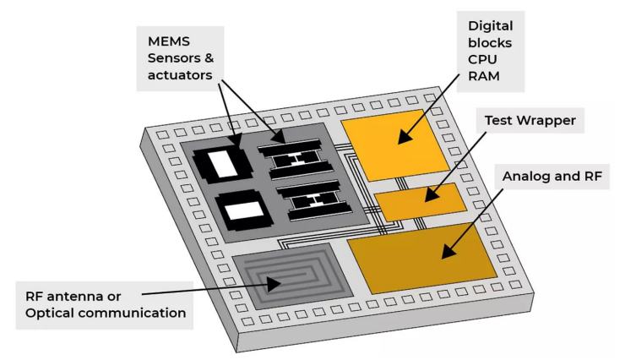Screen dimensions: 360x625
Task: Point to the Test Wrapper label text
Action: [530, 121]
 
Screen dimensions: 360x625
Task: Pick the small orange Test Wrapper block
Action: [420, 202]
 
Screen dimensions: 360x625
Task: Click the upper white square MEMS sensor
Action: [226, 161]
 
